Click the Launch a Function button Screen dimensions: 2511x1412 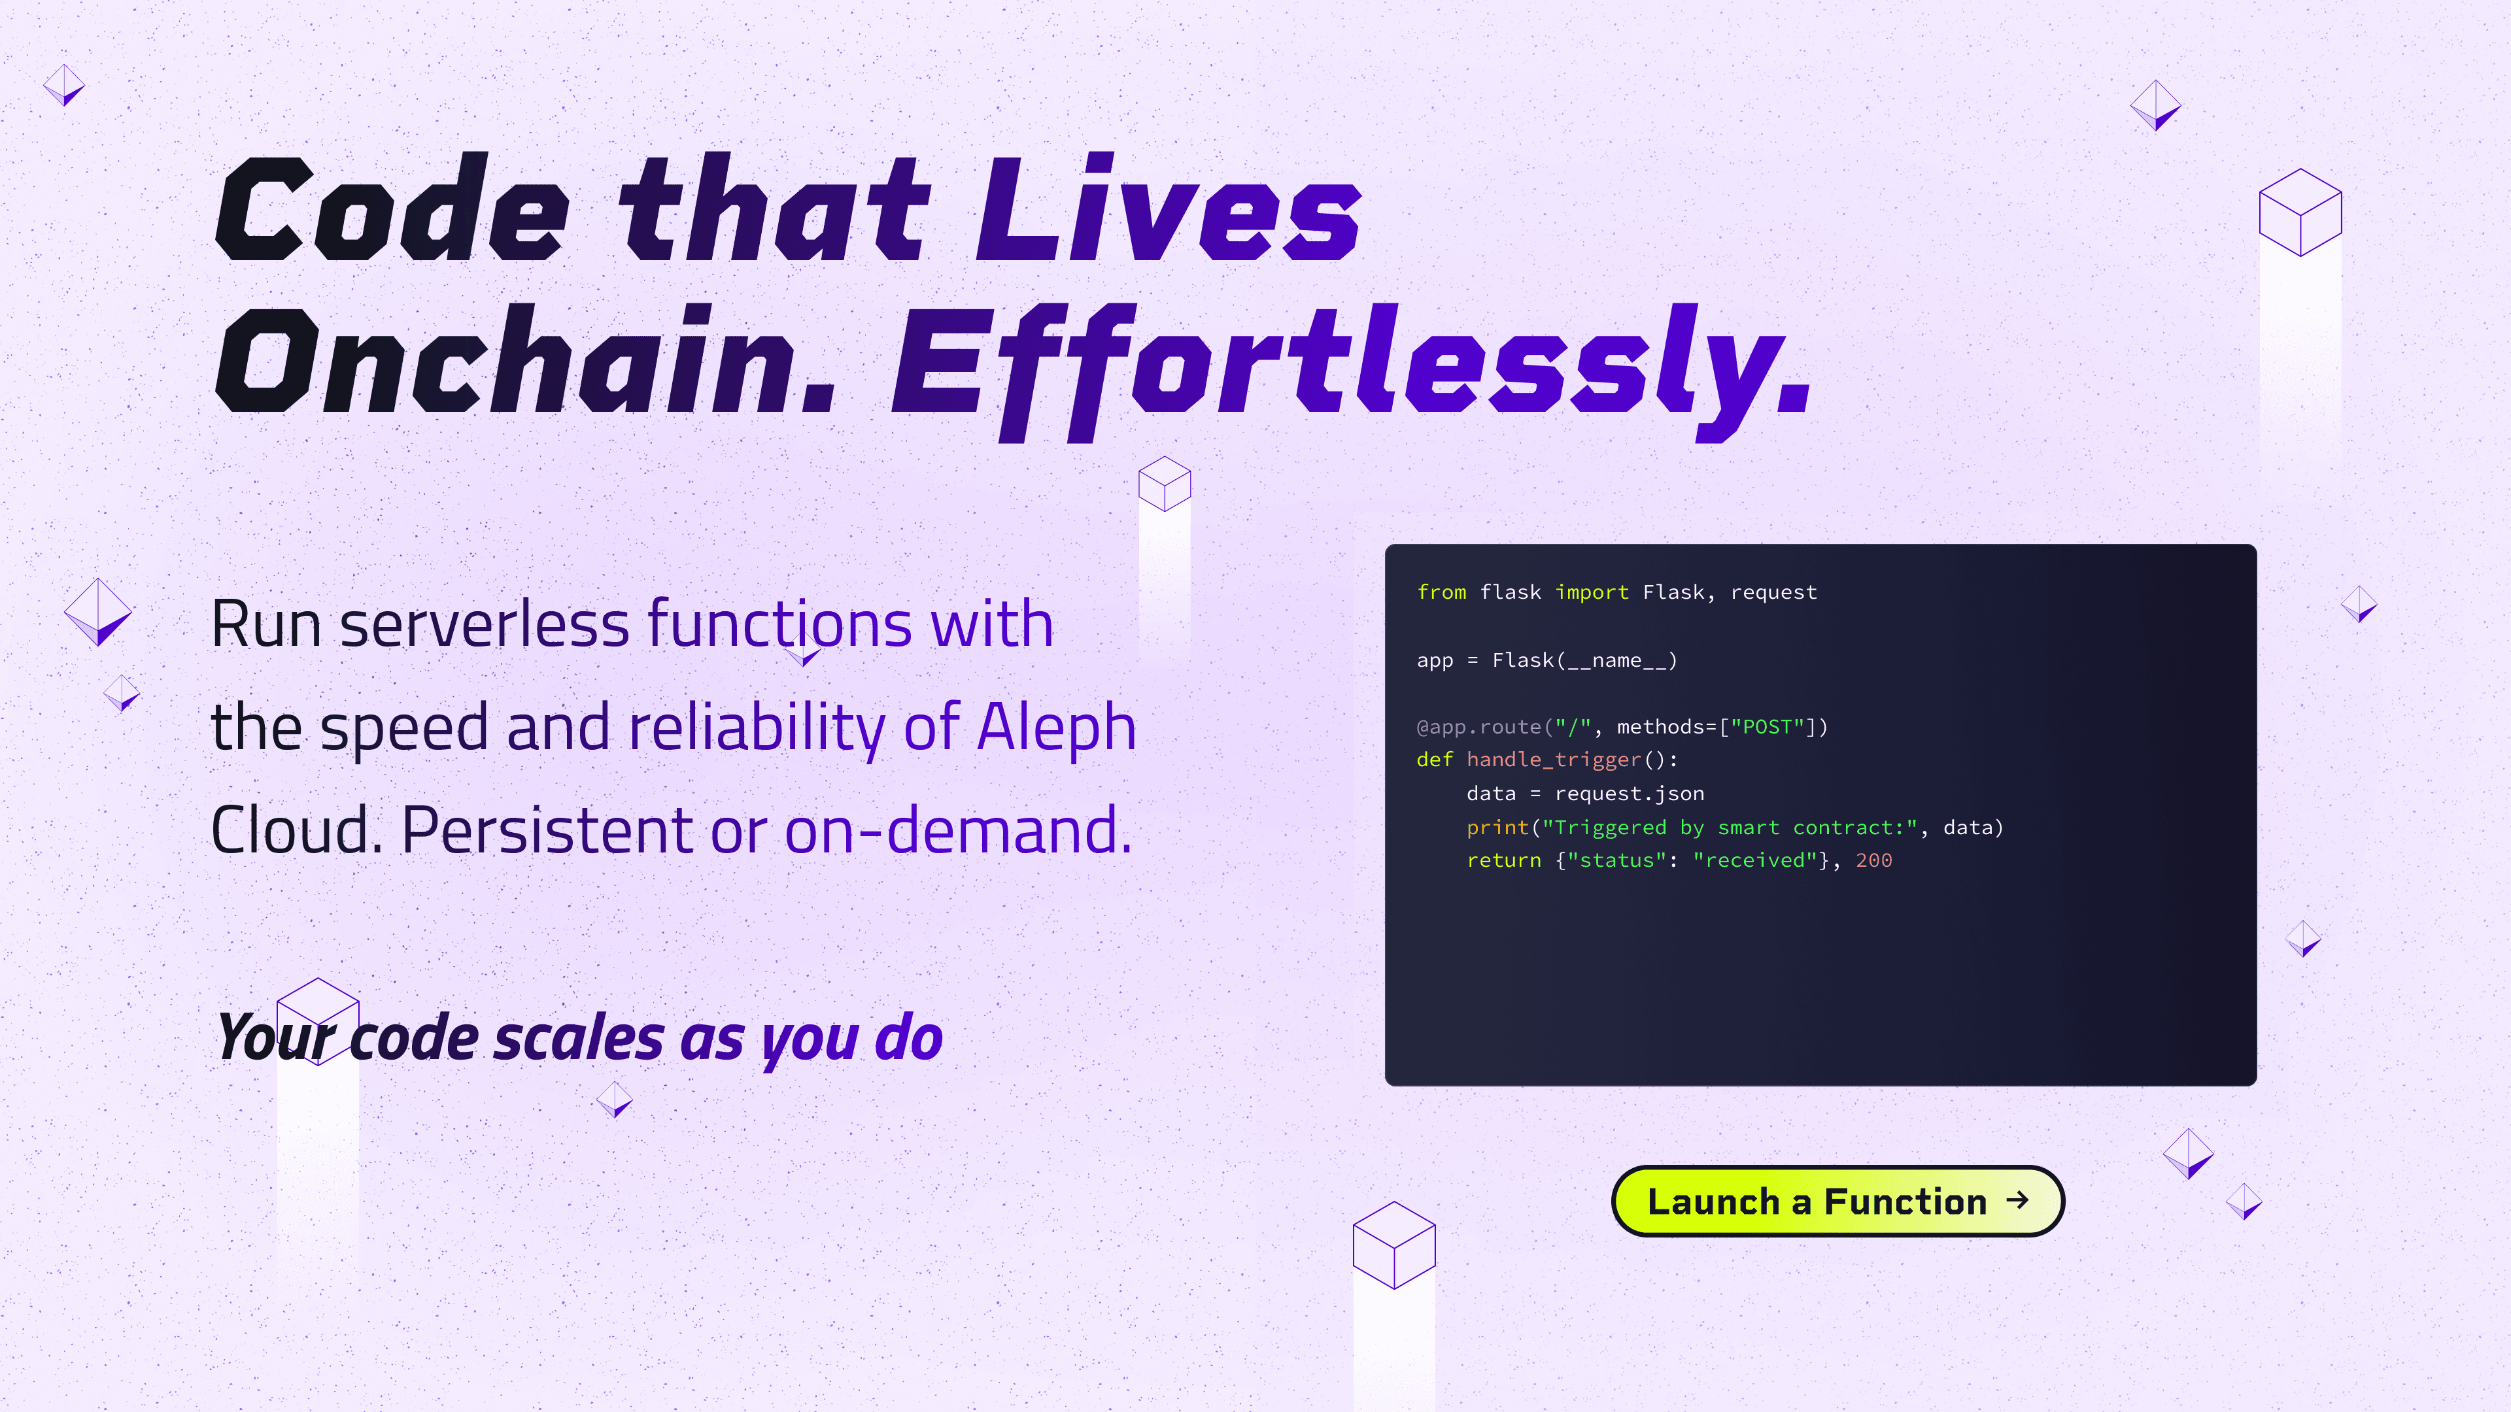1837,1201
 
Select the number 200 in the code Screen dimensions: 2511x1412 1873,860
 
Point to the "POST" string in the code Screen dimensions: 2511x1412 1768,727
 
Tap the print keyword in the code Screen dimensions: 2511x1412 1498,828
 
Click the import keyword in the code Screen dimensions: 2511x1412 1592,592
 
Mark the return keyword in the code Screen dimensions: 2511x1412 1504,860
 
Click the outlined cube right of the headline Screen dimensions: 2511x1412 2300,212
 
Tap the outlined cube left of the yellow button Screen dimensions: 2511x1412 1394,1245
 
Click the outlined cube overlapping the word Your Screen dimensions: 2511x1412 318,1021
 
